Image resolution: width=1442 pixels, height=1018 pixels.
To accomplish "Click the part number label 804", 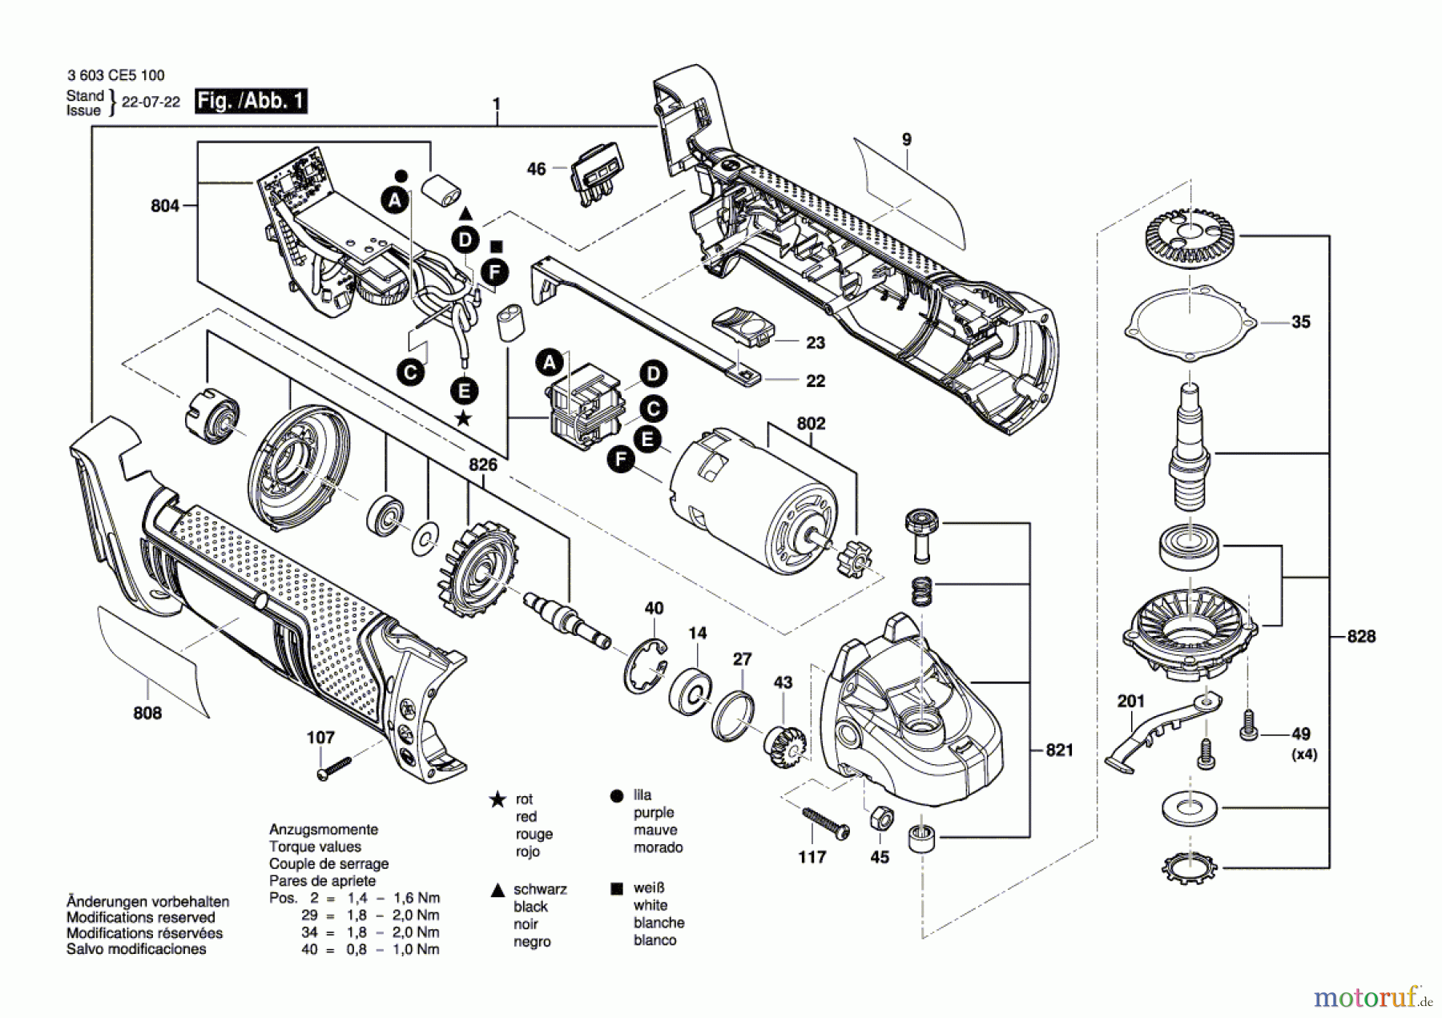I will pos(164,206).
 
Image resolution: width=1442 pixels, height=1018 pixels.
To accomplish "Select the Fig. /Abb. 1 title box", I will pos(251,101).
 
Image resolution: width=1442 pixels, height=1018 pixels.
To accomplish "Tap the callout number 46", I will pos(536,169).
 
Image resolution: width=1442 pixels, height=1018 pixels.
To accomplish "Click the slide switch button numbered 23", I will pos(743,328).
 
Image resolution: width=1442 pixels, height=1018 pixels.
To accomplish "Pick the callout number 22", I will pos(815,381).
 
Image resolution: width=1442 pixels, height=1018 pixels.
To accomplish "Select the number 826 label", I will pos(482,465).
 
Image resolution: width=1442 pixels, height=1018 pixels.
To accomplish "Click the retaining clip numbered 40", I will pos(646,666).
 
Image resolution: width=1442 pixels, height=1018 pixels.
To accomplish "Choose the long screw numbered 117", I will pos(825,823).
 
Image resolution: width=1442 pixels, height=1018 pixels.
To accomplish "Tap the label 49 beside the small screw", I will pos(1301,734).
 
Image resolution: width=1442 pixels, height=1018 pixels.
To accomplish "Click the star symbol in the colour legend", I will pos(497,799).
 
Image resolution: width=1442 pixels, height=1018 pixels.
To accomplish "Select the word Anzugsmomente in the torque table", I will pos(323,830).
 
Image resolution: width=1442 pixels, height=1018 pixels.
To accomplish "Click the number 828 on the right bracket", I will pos(1361,636).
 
